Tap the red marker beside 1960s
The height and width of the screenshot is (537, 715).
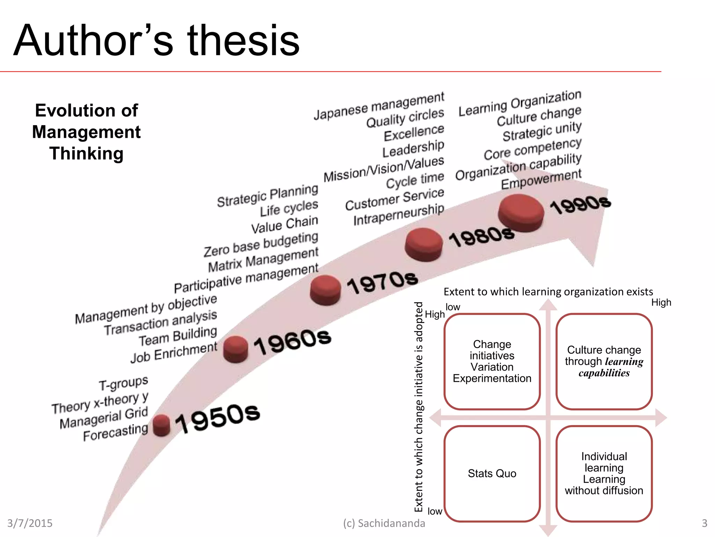pos(236,349)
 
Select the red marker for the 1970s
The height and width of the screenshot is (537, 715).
pos(325,290)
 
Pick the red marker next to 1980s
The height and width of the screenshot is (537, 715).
pos(423,244)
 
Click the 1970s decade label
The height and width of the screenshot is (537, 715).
pos(383,282)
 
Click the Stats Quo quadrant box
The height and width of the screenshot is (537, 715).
pos(492,473)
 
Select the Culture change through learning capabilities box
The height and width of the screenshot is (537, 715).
pos(604,361)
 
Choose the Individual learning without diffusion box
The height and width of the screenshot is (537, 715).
pos(604,473)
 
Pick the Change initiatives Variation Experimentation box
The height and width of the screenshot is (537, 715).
pos(492,361)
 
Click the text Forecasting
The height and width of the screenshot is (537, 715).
pos(116,433)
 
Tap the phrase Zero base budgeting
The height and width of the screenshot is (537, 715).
pos(261,244)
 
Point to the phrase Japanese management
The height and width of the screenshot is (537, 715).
pos(379,106)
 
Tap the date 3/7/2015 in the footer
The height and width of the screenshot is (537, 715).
pos(30,523)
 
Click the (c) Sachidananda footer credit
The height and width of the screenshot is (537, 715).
pos(384,523)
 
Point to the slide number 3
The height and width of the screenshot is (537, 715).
pos(704,523)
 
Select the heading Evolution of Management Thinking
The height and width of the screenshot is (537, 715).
pos(87,132)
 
